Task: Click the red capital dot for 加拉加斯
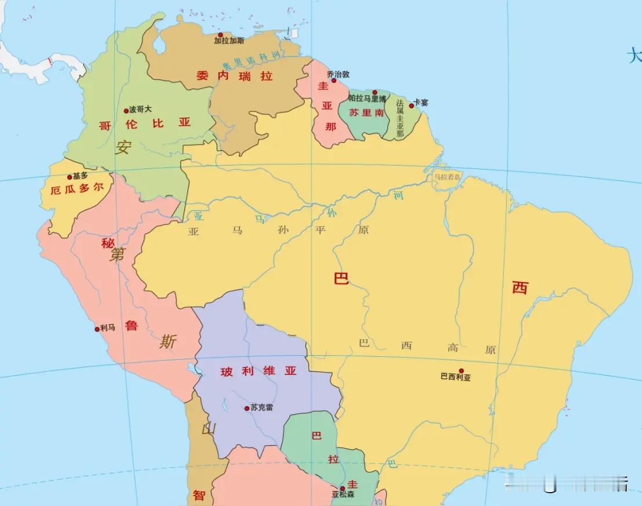220,35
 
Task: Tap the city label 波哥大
140,109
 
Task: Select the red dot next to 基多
70,177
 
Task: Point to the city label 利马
108,328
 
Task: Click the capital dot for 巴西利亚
461,370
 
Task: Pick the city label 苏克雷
261,407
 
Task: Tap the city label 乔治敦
338,74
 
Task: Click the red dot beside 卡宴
411,106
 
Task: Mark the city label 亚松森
343,495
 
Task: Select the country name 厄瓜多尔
77,189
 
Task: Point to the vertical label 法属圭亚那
399,118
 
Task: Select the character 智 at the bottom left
199,496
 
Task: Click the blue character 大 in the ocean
634,56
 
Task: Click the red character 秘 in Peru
108,243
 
